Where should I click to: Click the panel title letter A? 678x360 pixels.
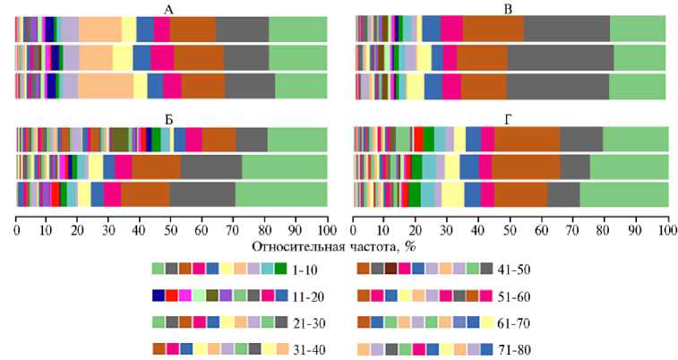pyautogui.click(x=169, y=8)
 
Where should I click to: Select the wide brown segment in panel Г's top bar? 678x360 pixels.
pyautogui.click(x=527, y=140)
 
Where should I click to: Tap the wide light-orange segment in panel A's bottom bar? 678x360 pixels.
pyautogui.click(x=106, y=86)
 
